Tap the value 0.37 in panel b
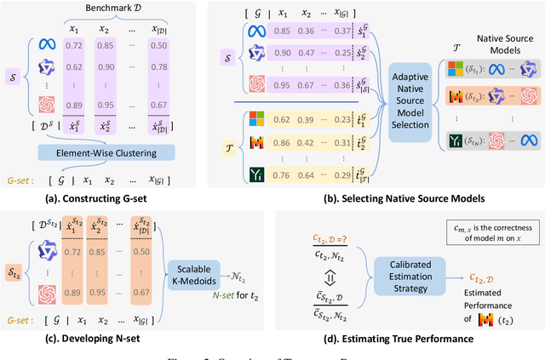343,31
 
